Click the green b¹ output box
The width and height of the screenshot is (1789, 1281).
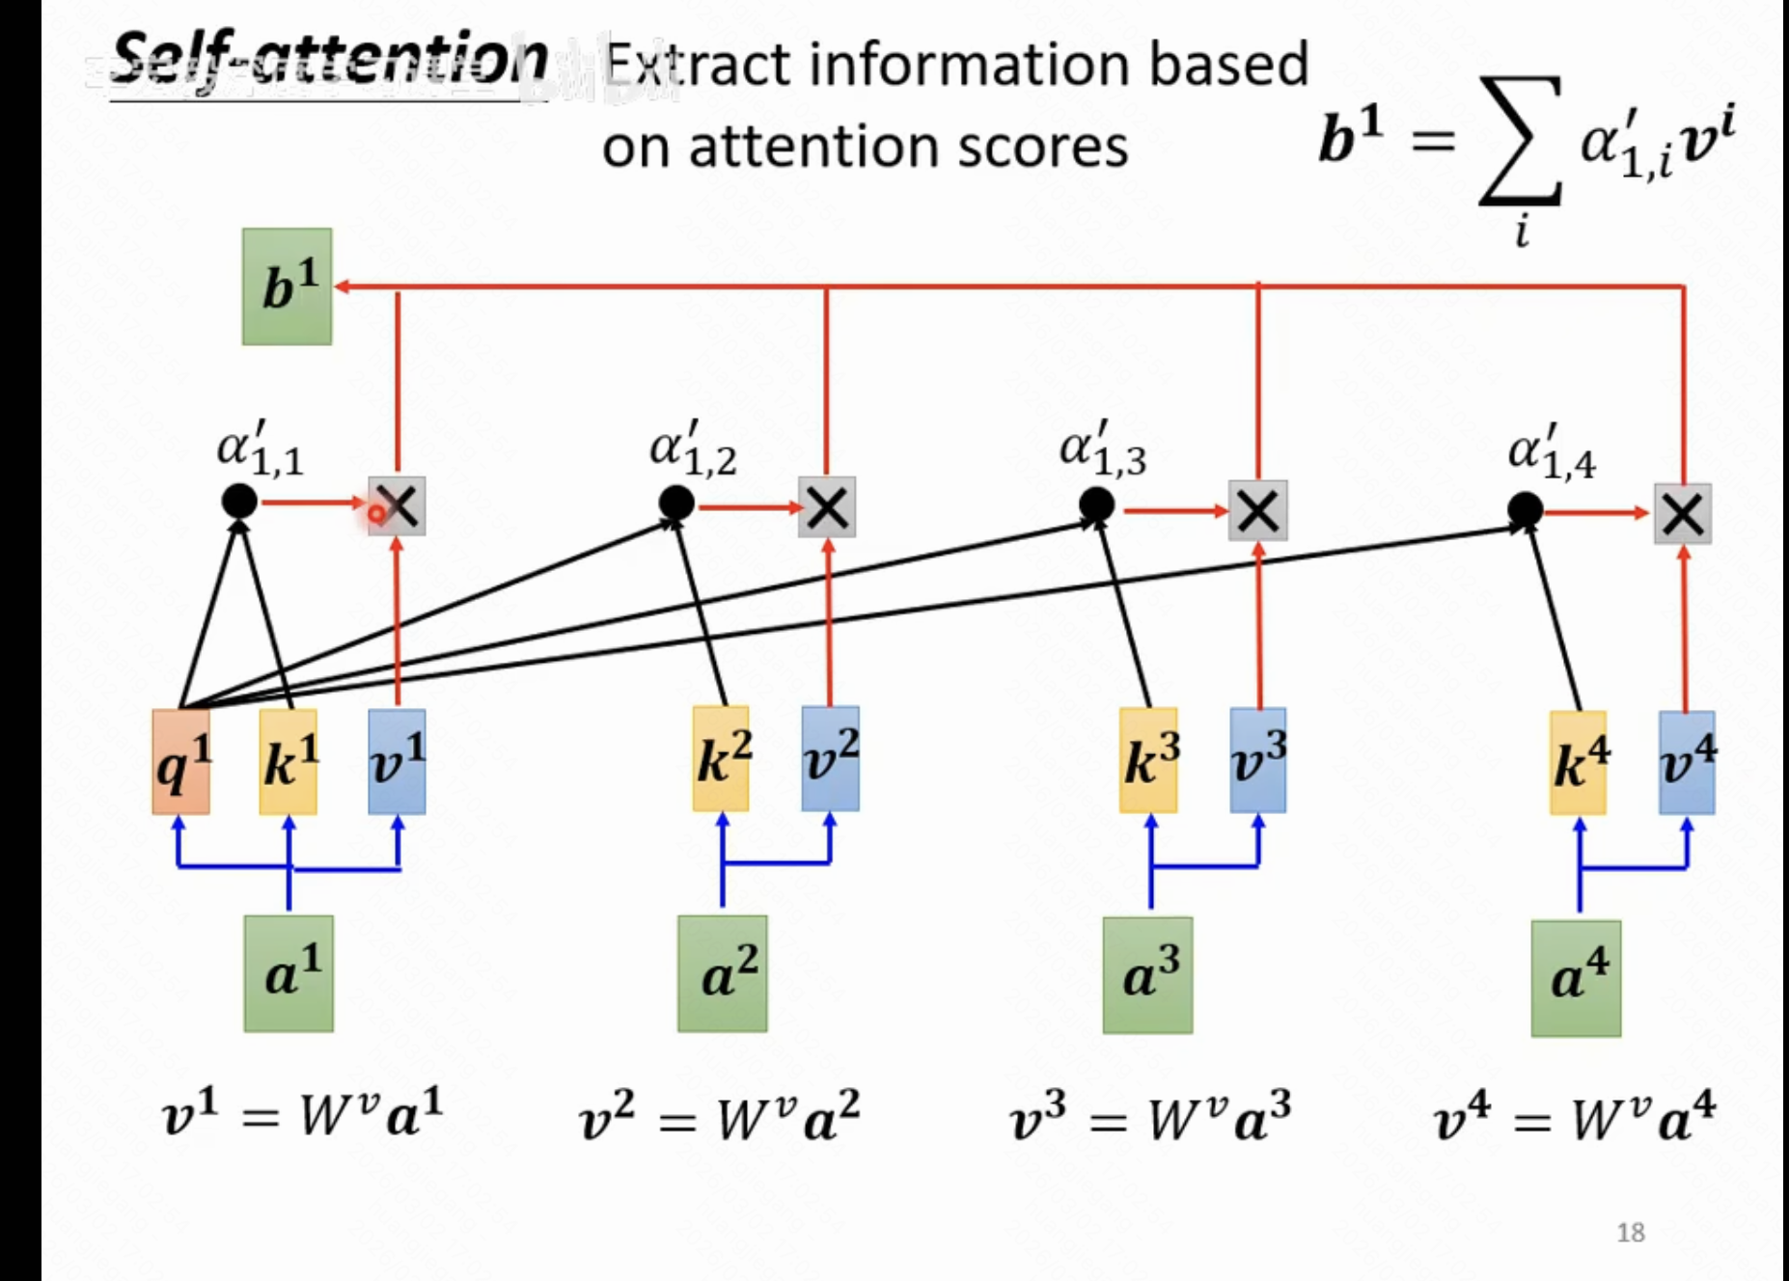point(287,286)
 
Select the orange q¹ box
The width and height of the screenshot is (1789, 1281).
point(180,762)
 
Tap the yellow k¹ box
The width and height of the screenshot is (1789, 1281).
point(288,762)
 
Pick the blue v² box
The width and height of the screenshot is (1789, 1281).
point(830,759)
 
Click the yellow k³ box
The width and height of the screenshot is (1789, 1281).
point(1148,760)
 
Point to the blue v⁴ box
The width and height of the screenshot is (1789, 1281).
point(1687,762)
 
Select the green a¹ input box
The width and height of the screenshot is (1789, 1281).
point(289,973)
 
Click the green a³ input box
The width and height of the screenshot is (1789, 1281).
point(1147,974)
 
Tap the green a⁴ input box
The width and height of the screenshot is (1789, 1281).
point(1576,978)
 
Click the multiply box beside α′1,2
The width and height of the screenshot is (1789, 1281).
point(827,508)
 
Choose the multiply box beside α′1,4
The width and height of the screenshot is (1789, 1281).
point(1683,513)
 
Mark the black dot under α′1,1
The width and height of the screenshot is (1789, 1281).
point(239,501)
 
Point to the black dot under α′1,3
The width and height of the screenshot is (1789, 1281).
point(1096,504)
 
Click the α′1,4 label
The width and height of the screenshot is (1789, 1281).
point(1551,451)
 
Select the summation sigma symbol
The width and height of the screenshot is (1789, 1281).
point(1522,141)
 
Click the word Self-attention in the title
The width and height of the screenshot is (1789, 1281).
point(328,60)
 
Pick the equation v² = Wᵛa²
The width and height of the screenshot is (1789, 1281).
point(719,1117)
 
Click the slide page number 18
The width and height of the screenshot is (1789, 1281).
point(1630,1232)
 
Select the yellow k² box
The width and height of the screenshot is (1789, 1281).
point(721,759)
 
